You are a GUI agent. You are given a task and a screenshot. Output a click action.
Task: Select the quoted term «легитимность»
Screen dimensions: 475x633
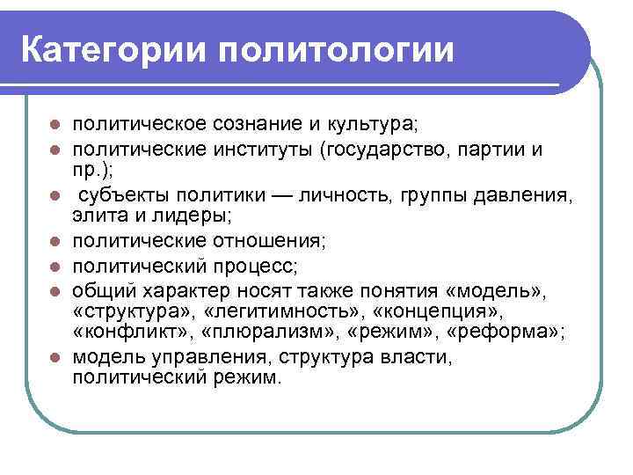click(x=294, y=311)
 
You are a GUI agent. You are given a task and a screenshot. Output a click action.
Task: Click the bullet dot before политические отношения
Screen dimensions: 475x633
click(x=55, y=239)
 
